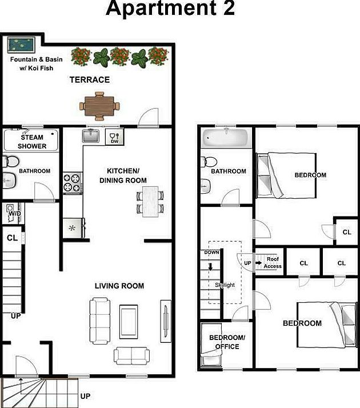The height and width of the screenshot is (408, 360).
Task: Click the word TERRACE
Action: point(90,79)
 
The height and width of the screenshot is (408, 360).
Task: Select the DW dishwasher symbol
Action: point(114,138)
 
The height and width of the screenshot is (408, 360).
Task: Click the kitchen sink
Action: point(90,136)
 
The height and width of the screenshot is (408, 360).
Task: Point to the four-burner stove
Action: point(73,182)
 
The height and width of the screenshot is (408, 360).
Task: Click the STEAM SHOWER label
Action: point(32,142)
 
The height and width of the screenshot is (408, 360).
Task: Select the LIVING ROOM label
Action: point(119,286)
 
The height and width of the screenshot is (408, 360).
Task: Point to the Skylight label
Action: point(225,285)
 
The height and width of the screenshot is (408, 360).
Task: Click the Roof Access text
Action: point(273,262)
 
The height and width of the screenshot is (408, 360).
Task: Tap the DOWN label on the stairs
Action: point(211,252)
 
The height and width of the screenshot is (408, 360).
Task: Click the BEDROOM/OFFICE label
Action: point(227,342)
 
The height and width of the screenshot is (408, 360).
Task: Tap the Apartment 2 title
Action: point(170,10)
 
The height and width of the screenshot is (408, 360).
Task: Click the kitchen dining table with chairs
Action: point(150,201)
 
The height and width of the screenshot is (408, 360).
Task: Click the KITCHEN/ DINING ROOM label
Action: point(122,175)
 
